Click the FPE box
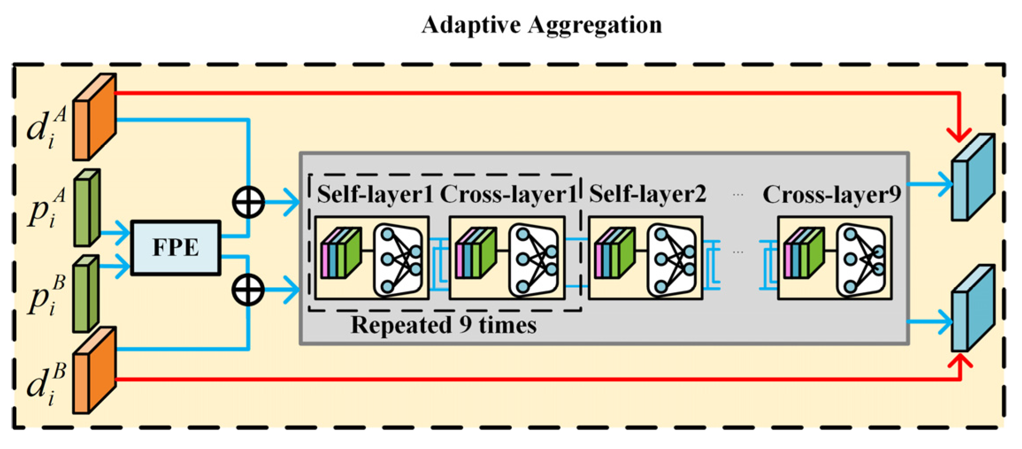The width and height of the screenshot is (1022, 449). pyautogui.click(x=176, y=248)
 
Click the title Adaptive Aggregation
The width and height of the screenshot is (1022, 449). pyautogui.click(x=541, y=25)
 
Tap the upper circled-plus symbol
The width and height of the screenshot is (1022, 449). pyautogui.click(x=249, y=202)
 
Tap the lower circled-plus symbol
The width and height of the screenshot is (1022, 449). pyautogui.click(x=249, y=290)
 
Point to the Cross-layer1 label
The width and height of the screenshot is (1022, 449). pyautogui.click(x=508, y=194)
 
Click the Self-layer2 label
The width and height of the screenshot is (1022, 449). pyautogui.click(x=647, y=194)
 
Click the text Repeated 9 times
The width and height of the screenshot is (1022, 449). pyautogui.click(x=443, y=325)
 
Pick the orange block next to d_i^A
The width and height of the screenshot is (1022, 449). pyautogui.click(x=94, y=117)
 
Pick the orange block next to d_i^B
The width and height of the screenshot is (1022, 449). pyautogui.click(x=94, y=371)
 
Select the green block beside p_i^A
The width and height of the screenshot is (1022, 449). pyautogui.click(x=87, y=207)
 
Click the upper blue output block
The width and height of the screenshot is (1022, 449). pyautogui.click(x=973, y=177)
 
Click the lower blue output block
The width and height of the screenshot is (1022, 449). pyautogui.click(x=973, y=309)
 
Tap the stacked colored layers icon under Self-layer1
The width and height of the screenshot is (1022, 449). pyautogui.click(x=341, y=253)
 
